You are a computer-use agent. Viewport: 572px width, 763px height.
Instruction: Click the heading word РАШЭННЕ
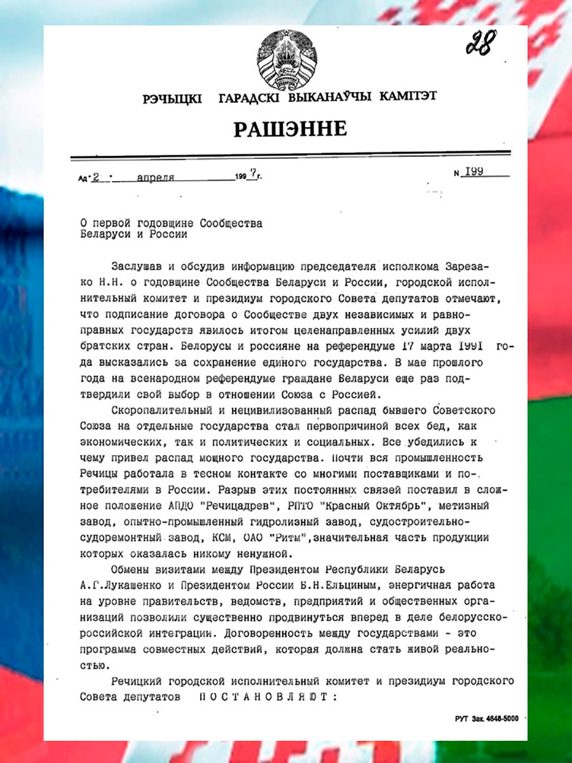[x=290, y=129]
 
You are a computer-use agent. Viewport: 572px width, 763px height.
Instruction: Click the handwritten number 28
[x=480, y=44]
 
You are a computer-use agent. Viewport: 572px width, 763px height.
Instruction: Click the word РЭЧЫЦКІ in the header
[x=172, y=99]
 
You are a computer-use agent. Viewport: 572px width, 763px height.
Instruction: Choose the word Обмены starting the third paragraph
[x=130, y=568]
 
